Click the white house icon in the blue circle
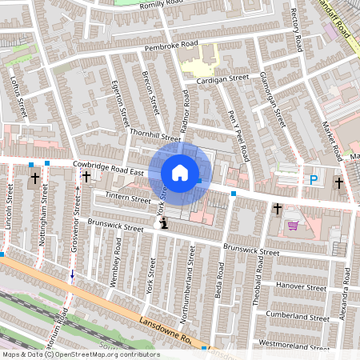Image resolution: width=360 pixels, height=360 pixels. (x=180, y=172)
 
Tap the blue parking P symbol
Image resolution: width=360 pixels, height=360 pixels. (x=314, y=181)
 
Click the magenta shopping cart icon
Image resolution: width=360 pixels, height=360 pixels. (x=293, y=226)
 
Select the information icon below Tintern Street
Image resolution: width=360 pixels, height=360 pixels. (x=163, y=223)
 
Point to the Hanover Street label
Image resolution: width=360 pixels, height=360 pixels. (x=301, y=286)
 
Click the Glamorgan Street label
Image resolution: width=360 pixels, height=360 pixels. (x=273, y=98)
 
